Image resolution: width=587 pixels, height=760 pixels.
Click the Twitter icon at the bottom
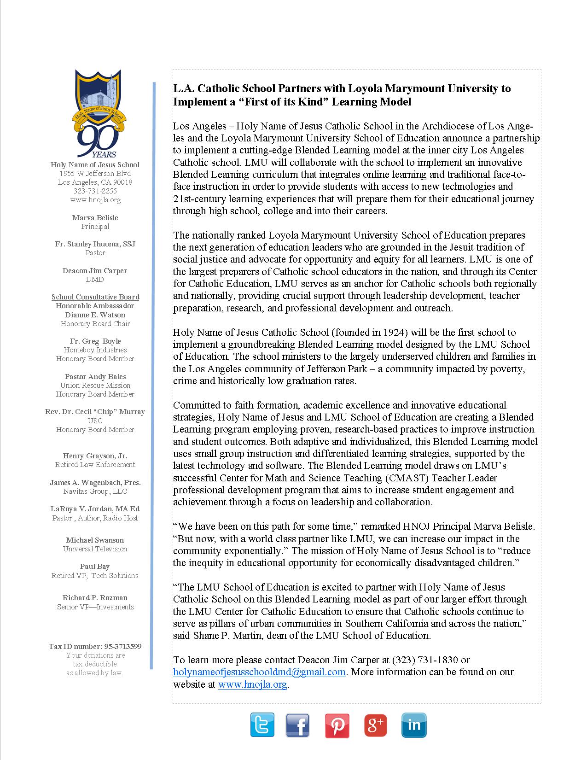(262, 725)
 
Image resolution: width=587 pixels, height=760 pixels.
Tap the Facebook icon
(297, 725)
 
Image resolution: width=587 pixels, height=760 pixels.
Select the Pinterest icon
(337, 725)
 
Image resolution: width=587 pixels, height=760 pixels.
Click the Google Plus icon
(376, 725)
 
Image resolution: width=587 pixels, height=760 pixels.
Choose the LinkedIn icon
(414, 725)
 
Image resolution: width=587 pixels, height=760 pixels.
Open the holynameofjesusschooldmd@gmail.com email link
(259, 672)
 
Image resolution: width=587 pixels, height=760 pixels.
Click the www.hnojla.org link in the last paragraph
(253, 684)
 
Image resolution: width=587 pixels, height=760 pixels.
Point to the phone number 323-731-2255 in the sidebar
(95, 191)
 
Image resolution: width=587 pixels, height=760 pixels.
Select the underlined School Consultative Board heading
(95, 297)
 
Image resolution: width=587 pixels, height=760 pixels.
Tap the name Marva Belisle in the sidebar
(95, 218)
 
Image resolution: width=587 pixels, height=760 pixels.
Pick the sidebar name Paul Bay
(95, 567)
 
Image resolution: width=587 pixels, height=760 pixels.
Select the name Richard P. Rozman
(95, 598)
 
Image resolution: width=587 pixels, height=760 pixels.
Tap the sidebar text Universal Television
(95, 549)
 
